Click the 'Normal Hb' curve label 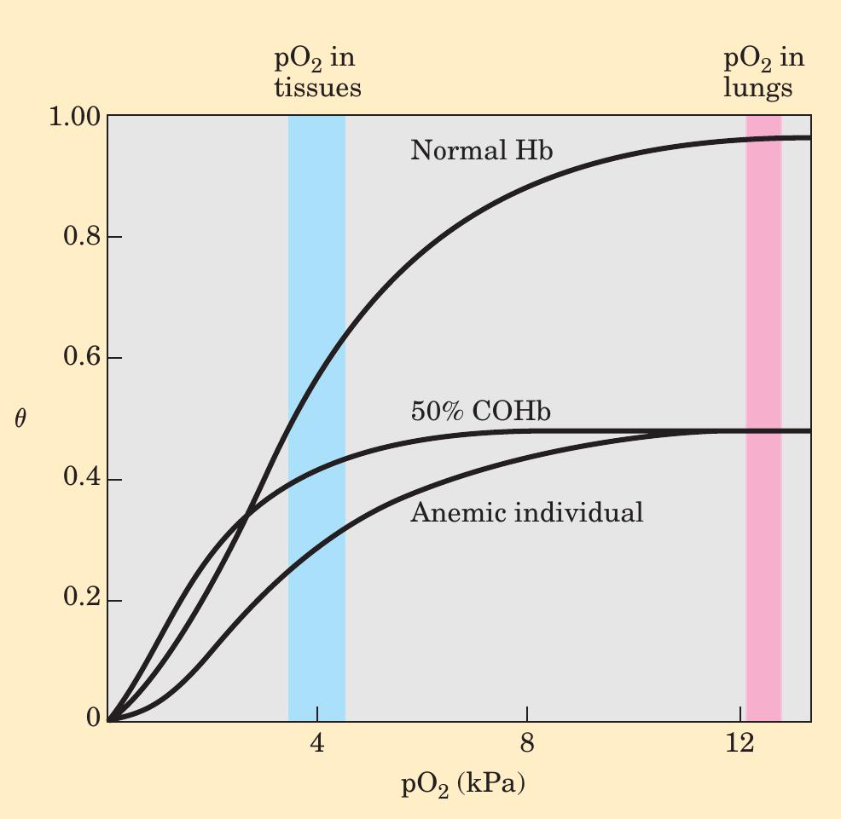tap(481, 152)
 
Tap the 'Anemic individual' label tap(526, 513)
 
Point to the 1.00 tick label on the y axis tap(75, 116)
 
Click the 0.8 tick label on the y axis tap(82, 237)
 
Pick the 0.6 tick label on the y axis tap(82, 358)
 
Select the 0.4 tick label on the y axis tap(82, 479)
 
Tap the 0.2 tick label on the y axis tap(82, 600)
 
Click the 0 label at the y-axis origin tap(93, 719)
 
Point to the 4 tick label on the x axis tap(317, 743)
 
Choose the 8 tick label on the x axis tap(527, 743)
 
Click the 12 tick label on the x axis tap(739, 743)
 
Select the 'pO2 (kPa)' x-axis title tap(462, 783)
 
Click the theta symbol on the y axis tap(20, 418)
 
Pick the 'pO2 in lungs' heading tap(763, 73)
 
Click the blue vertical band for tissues tap(316, 597)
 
